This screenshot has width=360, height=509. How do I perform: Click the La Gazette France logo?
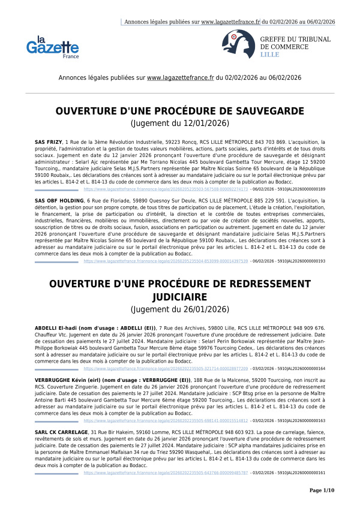[52, 46]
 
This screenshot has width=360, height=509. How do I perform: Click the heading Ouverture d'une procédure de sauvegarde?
[179, 112]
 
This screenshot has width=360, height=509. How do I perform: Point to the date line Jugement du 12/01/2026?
[179, 124]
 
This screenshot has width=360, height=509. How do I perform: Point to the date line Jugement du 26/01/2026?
[179, 309]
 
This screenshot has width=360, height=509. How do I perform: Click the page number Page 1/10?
[321, 490]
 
